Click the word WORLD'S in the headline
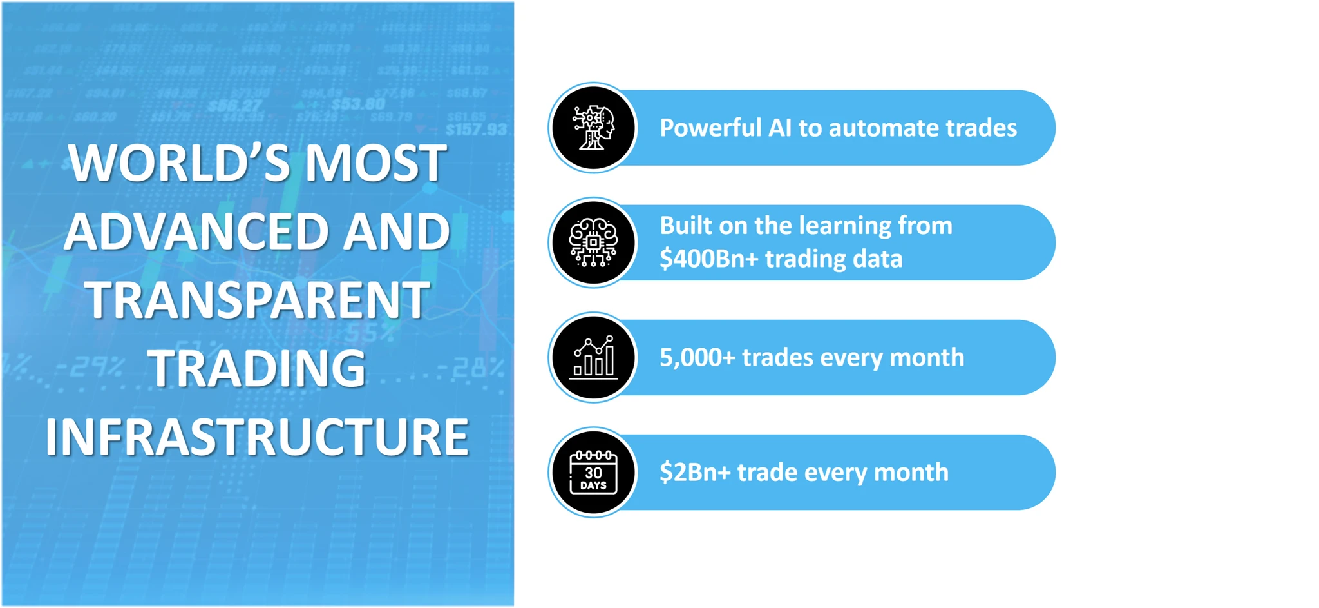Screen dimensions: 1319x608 pos(180,162)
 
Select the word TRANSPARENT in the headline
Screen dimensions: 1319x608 pos(257,300)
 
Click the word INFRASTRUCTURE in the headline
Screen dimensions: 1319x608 pos(257,437)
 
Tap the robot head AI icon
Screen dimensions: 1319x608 pos(593,128)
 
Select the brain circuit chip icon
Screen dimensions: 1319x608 pos(593,242)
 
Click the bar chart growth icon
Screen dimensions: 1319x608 pos(593,357)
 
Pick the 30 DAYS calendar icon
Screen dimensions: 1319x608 pos(593,472)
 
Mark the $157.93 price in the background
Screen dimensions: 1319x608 pos(476,130)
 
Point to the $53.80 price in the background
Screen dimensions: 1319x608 pos(358,104)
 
